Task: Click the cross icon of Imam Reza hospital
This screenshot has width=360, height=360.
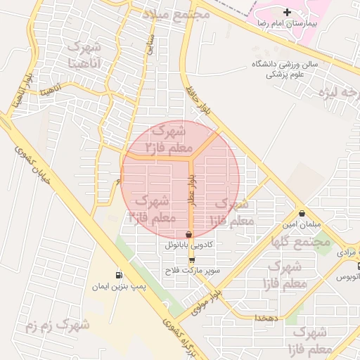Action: tap(287, 12)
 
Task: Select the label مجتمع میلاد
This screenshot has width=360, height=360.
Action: tap(176, 14)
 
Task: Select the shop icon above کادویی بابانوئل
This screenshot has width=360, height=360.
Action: tap(188, 235)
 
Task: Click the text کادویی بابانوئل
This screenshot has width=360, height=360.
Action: tap(188, 245)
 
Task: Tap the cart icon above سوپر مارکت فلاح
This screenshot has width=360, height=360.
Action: tap(192, 260)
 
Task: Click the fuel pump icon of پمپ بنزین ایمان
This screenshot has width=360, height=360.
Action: tap(118, 275)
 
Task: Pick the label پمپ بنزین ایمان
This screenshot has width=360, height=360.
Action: tap(118, 286)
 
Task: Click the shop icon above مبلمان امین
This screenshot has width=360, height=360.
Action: tap(302, 214)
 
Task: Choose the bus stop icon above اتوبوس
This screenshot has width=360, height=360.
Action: tap(358, 266)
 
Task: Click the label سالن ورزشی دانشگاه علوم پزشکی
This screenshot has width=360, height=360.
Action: tap(285, 69)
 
